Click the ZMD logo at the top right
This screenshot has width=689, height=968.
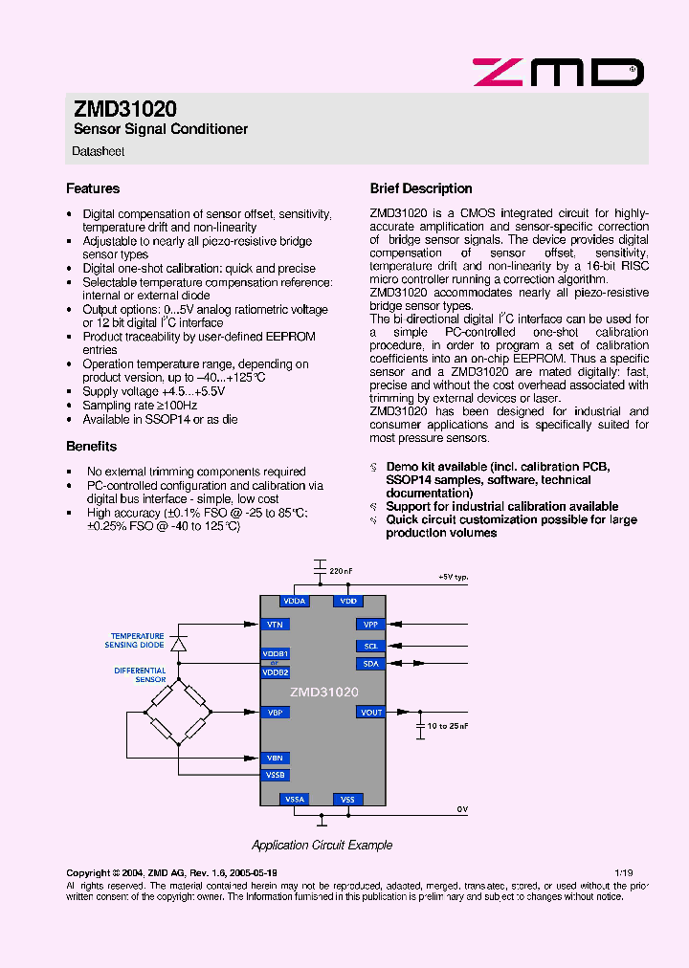558,72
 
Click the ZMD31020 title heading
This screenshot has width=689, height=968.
124,110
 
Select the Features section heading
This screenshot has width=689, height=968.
93,188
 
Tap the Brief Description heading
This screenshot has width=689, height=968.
421,188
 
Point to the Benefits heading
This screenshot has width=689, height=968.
91,446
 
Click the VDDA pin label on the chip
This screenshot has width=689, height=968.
295,601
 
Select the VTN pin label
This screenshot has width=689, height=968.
275,624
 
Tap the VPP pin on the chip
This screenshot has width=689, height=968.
371,624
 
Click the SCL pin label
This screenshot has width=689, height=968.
371,646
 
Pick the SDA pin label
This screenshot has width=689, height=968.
371,663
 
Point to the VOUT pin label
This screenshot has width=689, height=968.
371,712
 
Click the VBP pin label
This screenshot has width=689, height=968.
275,712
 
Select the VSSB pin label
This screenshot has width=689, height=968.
275,775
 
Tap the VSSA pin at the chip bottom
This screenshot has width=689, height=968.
295,799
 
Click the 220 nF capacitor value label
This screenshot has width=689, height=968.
341,571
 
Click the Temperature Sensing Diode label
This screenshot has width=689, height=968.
137,640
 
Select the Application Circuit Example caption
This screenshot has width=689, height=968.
322,845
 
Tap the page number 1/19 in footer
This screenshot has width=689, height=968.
623,873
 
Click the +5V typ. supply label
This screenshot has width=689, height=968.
453,578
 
